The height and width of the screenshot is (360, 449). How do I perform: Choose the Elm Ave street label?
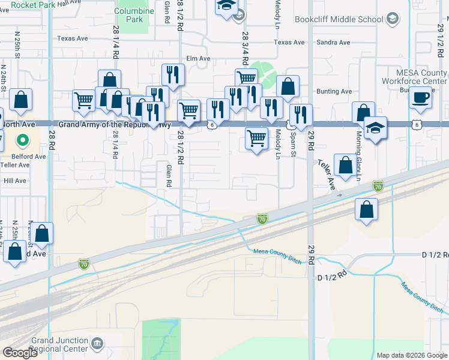(198, 59)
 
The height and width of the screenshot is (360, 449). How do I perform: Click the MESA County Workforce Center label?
(414, 77)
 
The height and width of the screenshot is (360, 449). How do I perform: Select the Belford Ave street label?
(32, 156)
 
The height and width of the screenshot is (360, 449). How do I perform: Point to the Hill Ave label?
(15, 180)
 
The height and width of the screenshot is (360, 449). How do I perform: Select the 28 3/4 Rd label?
(245, 44)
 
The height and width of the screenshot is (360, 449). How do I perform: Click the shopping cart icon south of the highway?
(257, 139)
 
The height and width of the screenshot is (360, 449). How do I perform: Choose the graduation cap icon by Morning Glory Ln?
(376, 128)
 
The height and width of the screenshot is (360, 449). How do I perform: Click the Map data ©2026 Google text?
(411, 355)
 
